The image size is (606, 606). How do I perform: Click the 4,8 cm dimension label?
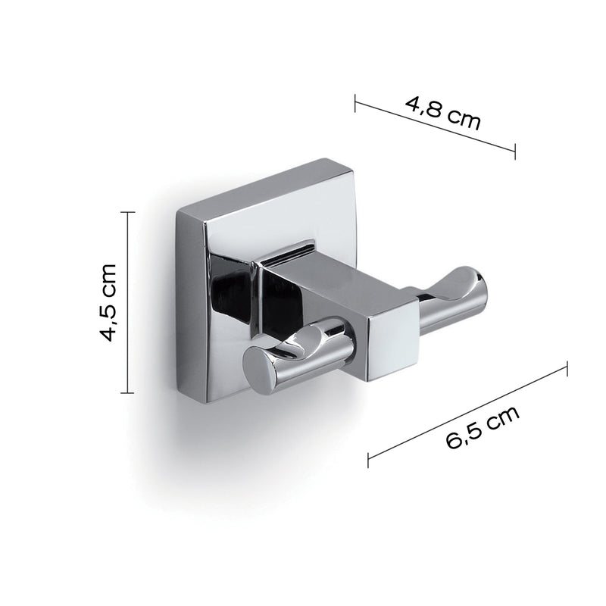coord(443,112)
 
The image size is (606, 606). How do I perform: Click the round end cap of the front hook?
coord(261,375)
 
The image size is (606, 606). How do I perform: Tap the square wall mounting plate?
coord(220,227)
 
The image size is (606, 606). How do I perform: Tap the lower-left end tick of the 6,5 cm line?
coord(368,459)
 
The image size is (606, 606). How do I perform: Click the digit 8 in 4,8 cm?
coord(430,108)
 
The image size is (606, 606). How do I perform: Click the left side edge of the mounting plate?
coord(179,303)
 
